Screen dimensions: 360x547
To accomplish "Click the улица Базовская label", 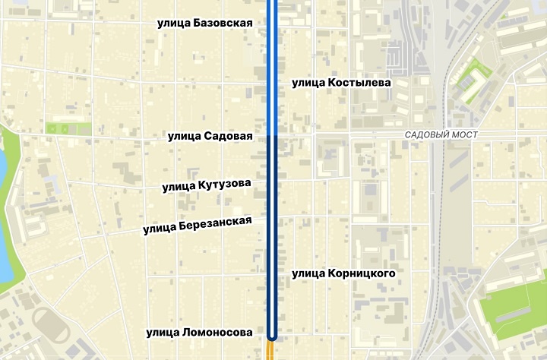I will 204,24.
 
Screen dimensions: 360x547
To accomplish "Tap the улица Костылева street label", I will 341,82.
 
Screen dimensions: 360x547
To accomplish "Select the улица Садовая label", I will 210,136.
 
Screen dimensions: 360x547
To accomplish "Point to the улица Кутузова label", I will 206,185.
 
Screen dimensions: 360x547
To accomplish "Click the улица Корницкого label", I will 343,273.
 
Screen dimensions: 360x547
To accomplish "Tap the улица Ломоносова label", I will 199,332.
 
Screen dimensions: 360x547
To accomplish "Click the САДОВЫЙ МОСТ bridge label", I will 441,134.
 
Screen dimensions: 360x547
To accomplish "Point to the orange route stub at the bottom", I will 271,351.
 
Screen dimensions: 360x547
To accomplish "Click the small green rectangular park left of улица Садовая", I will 68,128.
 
